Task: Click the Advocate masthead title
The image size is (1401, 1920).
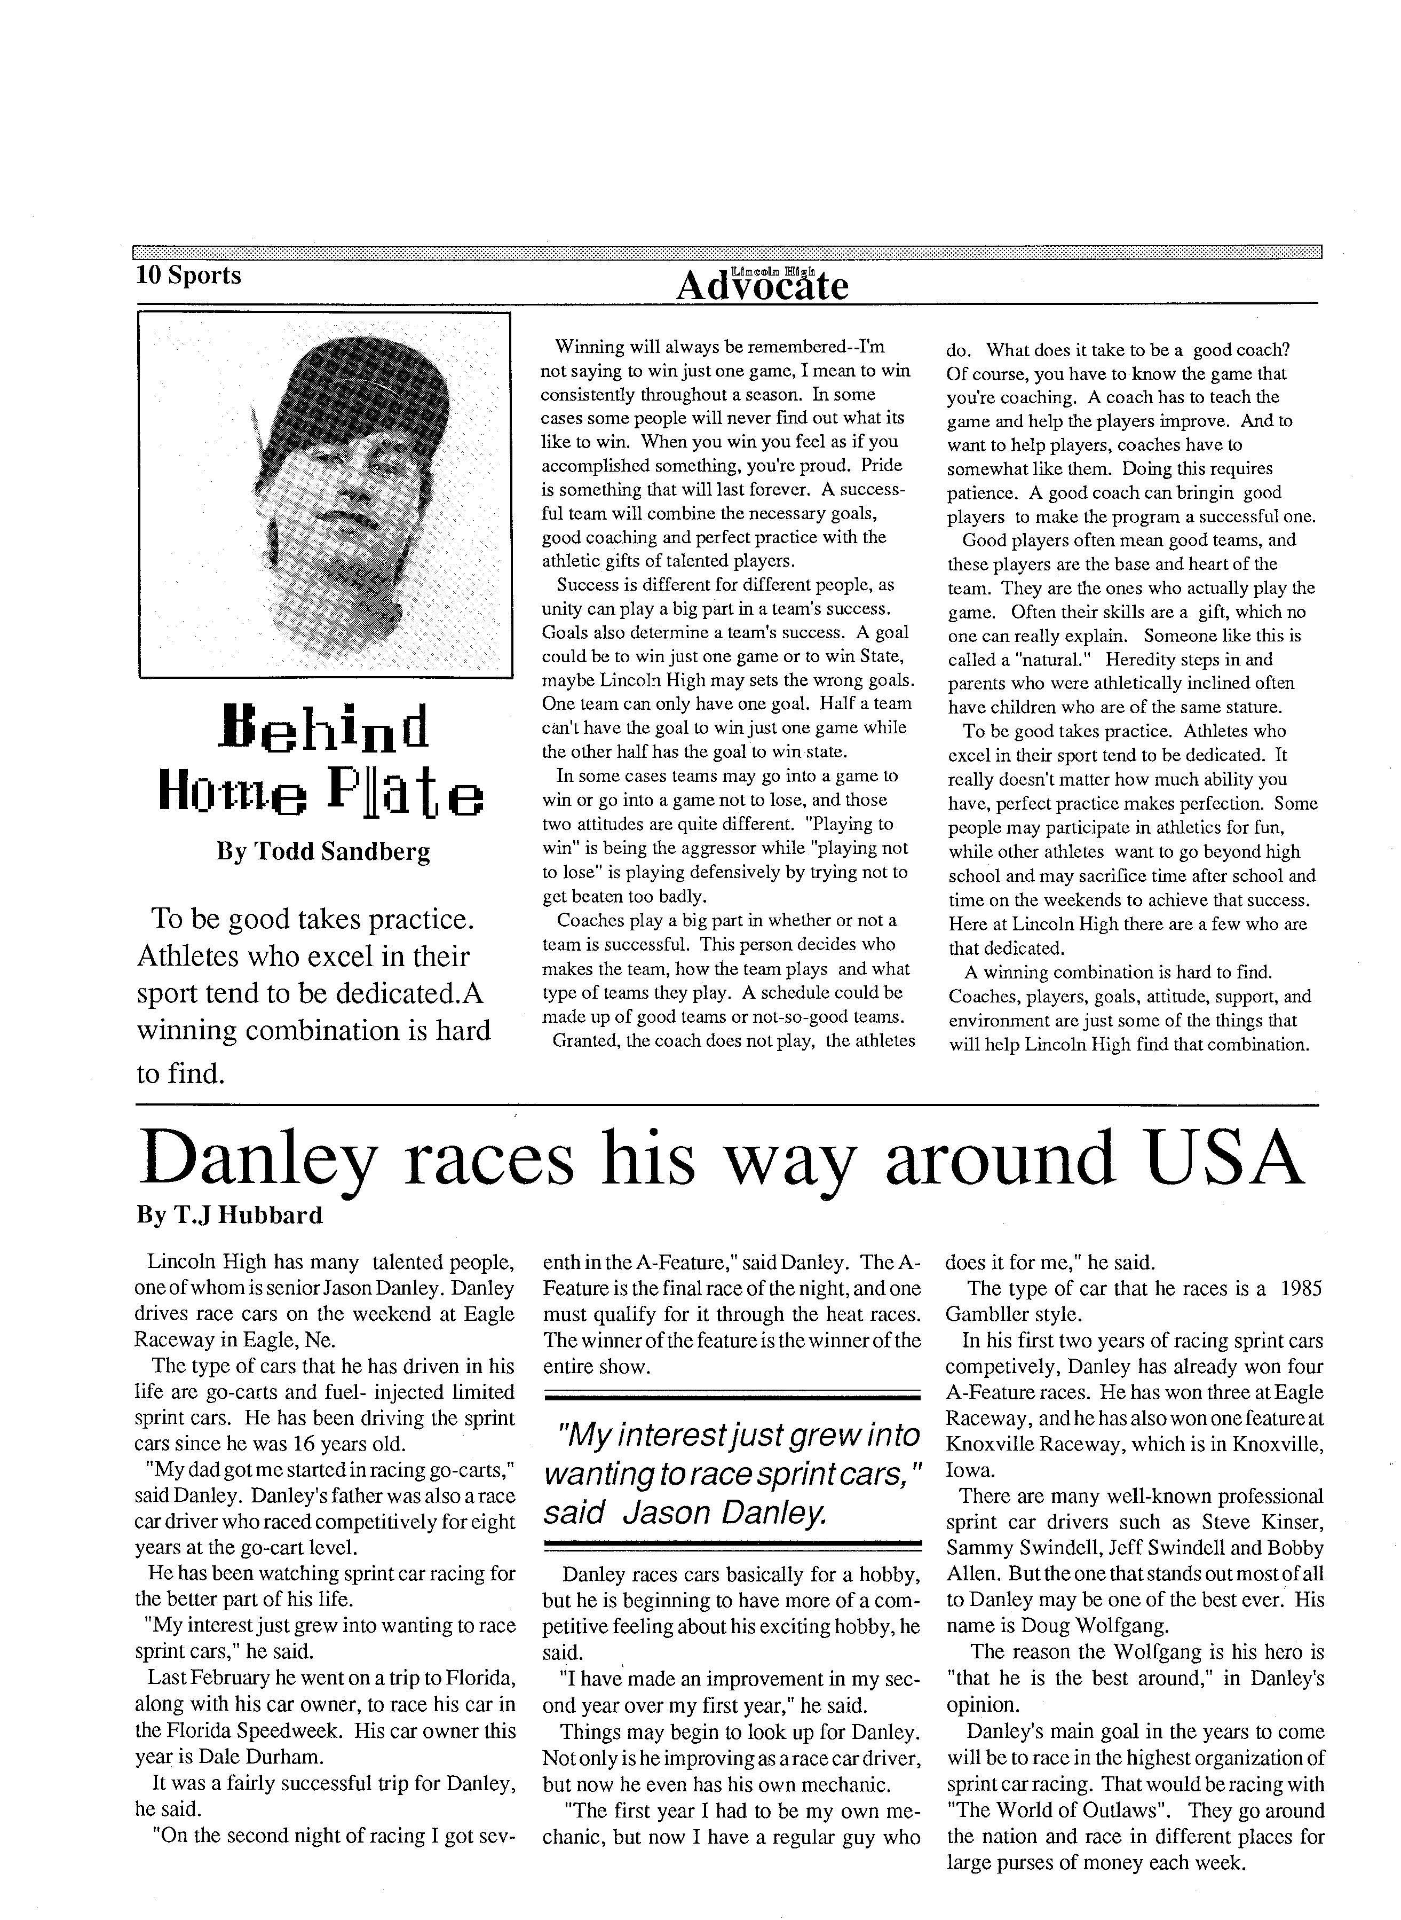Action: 762,285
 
